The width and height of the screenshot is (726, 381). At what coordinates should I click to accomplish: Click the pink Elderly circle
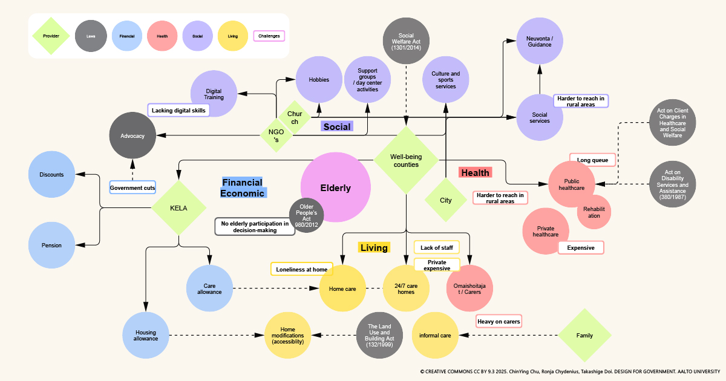point(336,187)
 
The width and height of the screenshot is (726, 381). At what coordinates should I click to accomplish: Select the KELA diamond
point(178,208)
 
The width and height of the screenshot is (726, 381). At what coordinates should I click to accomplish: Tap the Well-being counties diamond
point(406,160)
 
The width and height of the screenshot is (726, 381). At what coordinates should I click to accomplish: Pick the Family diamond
point(584,335)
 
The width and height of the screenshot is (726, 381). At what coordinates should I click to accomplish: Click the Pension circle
point(52,246)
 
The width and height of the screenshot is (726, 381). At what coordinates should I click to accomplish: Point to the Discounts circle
point(52,175)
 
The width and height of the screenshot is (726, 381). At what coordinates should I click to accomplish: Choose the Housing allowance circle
point(146,335)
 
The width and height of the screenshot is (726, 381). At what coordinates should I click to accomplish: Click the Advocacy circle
point(132,136)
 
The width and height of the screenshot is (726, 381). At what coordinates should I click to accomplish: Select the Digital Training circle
point(214,94)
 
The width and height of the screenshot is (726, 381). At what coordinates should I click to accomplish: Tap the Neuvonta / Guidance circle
point(540,41)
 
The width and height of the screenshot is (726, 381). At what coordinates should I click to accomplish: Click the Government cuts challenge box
point(132,188)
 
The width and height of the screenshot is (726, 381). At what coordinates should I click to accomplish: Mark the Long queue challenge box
point(592,160)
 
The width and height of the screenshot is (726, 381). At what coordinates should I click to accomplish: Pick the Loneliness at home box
point(302,269)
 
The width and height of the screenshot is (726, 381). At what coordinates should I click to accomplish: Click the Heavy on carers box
point(499,322)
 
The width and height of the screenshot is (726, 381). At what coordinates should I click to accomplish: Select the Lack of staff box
point(436,247)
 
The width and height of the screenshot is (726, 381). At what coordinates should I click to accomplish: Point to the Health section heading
point(475,173)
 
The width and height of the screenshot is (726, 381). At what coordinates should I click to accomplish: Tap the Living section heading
point(374,247)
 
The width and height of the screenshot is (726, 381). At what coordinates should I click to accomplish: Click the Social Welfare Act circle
point(406,41)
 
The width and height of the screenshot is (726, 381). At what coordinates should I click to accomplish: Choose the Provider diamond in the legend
point(51,36)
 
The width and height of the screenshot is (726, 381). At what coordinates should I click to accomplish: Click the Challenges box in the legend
point(269,36)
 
